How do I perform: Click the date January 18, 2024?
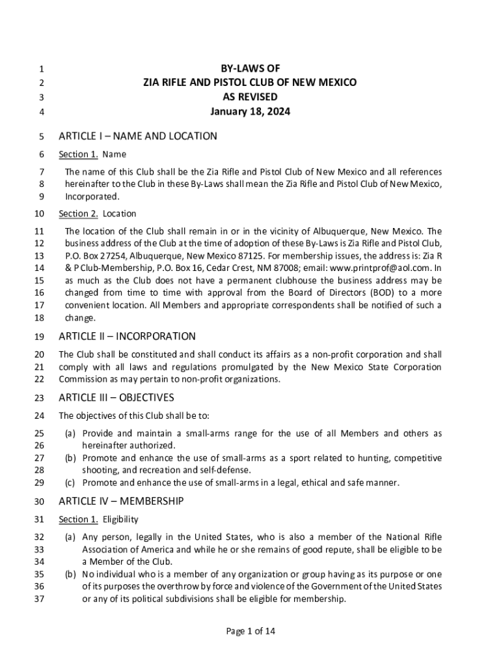pos(250,111)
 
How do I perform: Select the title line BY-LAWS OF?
pos(250,68)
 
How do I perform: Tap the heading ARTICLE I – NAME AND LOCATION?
pos(138,136)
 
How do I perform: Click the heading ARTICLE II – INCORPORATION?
pos(127,336)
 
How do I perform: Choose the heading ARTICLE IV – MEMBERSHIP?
pos(121,501)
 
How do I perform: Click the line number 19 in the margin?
pos(38,337)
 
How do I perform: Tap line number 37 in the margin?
pos(38,599)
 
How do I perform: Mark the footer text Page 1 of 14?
pos(250,631)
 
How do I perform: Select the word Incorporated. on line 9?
pos(92,196)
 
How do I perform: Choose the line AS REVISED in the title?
pos(250,97)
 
